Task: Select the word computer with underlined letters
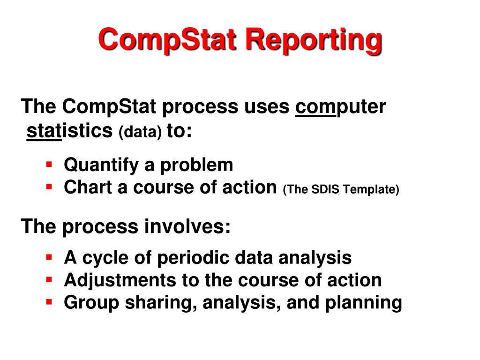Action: point(340,107)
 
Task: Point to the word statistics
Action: point(70,131)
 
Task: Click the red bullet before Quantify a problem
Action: point(49,164)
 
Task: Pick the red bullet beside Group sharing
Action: point(49,302)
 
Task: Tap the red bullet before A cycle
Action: point(49,257)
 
